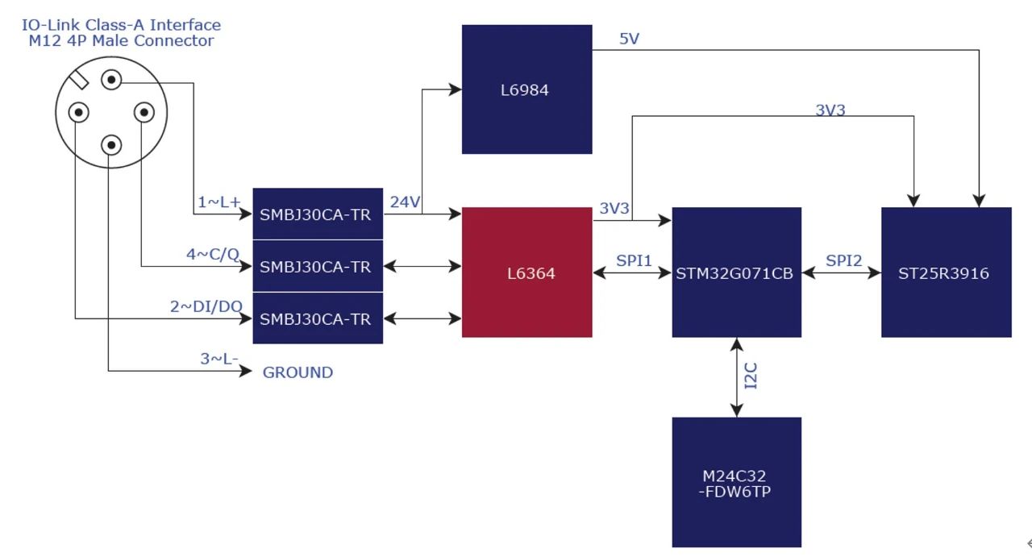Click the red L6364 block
(526, 272)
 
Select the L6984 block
(526, 89)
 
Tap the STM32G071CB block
(736, 272)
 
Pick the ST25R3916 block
(946, 272)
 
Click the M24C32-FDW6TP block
(736, 482)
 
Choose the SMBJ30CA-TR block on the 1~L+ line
(318, 214)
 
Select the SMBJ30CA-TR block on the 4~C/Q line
(318, 267)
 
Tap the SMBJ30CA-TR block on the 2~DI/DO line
(318, 319)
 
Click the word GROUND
(298, 372)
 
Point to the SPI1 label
(634, 260)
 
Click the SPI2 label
(843, 260)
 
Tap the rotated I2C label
(751, 376)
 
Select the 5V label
(629, 39)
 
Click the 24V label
(405, 202)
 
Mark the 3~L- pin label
(219, 359)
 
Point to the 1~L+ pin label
(219, 202)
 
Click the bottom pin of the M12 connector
(111, 145)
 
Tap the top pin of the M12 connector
(111, 80)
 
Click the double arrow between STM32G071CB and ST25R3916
(842, 273)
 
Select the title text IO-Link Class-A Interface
(121, 25)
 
